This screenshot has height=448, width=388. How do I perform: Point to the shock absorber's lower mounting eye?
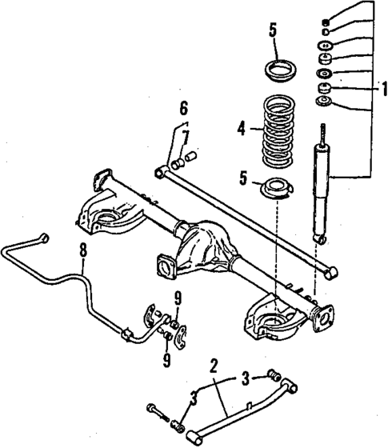320,239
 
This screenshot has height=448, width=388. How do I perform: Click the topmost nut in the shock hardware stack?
326,20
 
